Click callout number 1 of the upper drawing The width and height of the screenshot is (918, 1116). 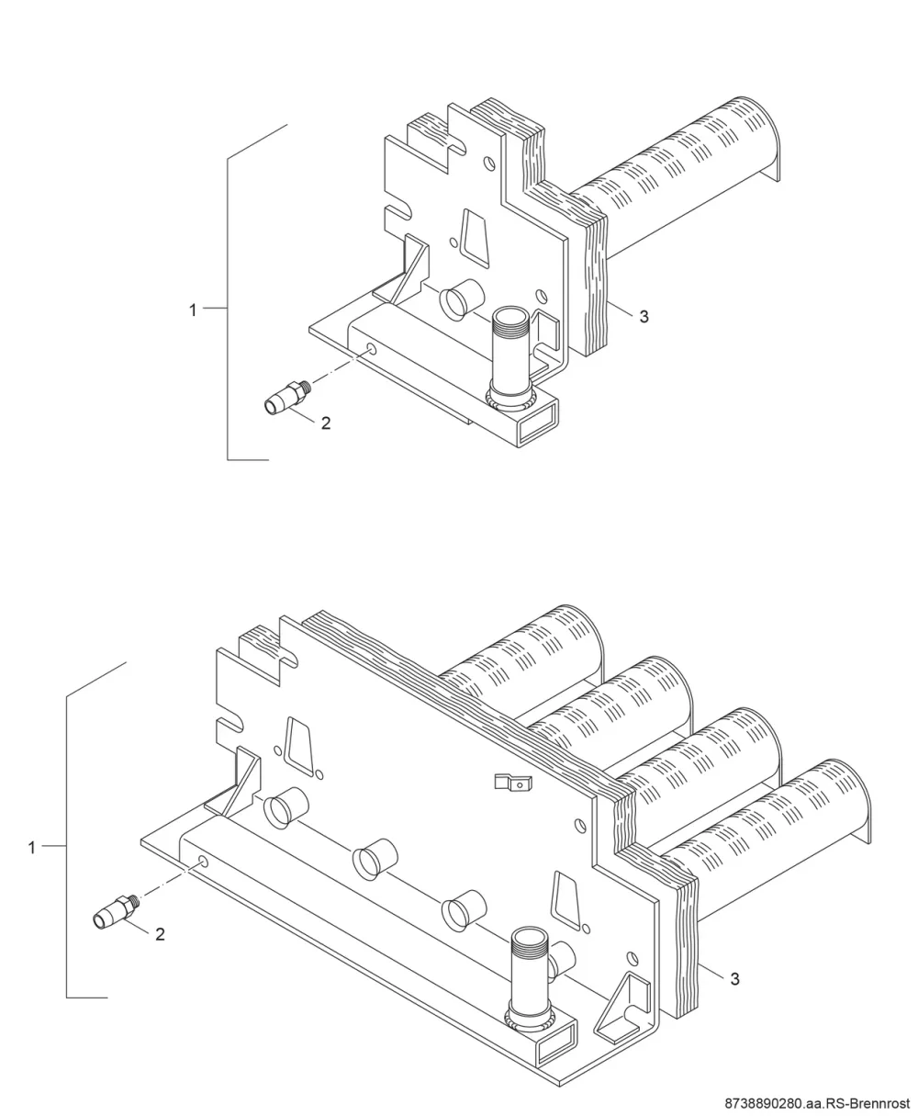click(x=193, y=310)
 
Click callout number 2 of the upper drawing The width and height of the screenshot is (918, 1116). click(x=326, y=423)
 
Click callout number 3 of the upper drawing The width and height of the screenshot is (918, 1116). click(x=644, y=317)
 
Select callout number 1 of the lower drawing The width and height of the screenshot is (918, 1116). click(x=32, y=848)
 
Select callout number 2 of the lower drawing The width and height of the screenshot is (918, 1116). click(x=161, y=934)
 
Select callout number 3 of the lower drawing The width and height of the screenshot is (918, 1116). click(x=734, y=979)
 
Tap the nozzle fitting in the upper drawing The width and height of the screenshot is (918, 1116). click(x=287, y=398)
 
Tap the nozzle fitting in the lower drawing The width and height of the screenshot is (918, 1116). click(x=117, y=912)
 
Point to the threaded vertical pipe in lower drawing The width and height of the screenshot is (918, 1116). click(x=529, y=979)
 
